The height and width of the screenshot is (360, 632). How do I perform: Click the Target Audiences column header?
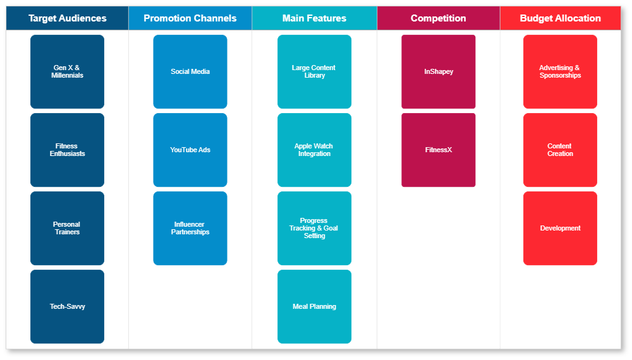67,18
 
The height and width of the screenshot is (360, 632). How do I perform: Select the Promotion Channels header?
190,18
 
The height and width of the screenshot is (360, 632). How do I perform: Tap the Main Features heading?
314,18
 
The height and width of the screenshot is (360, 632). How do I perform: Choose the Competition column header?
438,18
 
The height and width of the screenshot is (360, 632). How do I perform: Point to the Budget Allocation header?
560,18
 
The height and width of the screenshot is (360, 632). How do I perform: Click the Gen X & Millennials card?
67,71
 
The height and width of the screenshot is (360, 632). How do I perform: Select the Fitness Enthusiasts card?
67,150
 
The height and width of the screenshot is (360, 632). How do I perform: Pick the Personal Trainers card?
67,228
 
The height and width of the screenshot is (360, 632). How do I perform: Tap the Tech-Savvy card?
67,306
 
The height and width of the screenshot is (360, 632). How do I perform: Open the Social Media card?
190,71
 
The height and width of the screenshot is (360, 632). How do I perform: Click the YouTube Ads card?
190,150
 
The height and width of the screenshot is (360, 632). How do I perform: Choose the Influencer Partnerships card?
190,228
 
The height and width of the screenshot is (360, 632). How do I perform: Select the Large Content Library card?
314,71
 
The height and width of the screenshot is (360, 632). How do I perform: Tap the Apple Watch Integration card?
314,150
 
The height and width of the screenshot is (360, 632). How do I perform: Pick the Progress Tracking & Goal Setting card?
314,228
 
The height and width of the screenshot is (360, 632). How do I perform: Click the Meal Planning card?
314,306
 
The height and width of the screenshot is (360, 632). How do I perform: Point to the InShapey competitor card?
438,71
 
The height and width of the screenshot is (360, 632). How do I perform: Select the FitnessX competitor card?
438,150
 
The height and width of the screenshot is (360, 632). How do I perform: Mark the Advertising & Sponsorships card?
560,71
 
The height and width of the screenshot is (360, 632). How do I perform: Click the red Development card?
560,228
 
